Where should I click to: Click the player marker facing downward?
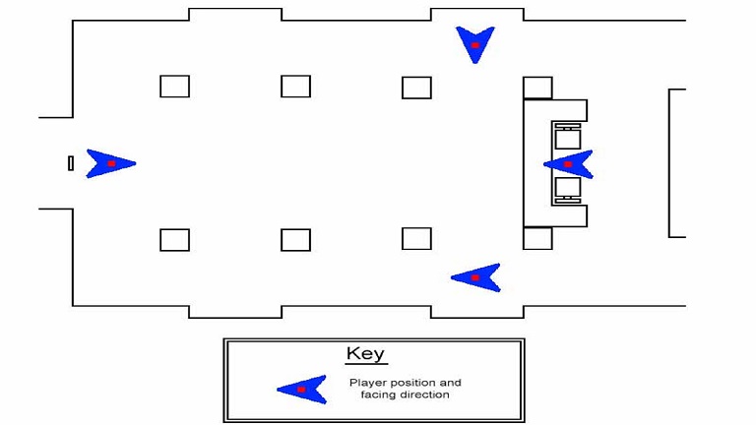pos(475,44)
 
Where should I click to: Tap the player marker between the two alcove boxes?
pos(568,164)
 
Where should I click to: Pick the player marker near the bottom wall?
pos(475,277)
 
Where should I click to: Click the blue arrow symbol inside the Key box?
pos(301,390)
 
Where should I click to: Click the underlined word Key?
pos(365,354)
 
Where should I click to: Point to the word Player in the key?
pos(366,383)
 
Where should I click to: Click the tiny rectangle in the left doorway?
pos(71,163)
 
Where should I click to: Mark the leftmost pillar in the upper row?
pos(174,87)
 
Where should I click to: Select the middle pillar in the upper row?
pos(295,87)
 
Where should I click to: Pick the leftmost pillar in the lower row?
pos(174,240)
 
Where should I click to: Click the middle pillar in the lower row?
pos(295,240)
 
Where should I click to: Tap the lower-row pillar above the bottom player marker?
pos(416,239)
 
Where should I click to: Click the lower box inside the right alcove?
pos(567,189)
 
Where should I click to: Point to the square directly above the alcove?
pos(537,88)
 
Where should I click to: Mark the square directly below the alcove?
pos(537,238)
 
